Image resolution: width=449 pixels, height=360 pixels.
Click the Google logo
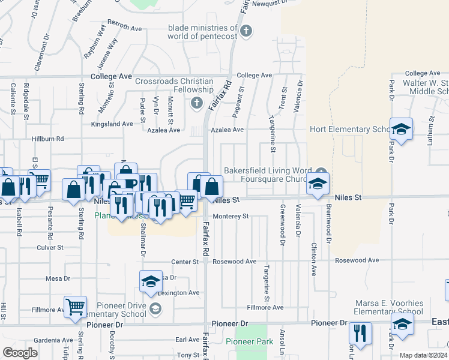pyautogui.click(x=20, y=353)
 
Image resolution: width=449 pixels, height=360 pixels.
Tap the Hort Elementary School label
pyautogui.click(x=350, y=129)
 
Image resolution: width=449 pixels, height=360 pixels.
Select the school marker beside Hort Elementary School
pyautogui.click(x=401, y=128)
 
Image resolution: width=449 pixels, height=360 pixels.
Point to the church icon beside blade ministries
pyautogui.click(x=246, y=31)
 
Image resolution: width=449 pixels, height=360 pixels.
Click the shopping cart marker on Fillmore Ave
pyautogui.click(x=76, y=307)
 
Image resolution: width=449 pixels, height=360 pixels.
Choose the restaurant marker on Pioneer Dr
pyautogui.click(x=360, y=333)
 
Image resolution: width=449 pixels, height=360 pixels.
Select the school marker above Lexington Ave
pyautogui.click(x=151, y=281)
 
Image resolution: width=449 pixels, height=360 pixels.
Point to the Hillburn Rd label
pyautogui.click(x=47, y=139)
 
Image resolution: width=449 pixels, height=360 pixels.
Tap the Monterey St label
pyautogui.click(x=231, y=216)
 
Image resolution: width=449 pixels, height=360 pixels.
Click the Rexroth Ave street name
pyautogui.click(x=124, y=28)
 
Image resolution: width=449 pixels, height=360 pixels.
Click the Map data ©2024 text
pyautogui.click(x=424, y=355)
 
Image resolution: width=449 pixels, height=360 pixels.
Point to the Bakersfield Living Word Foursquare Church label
pyautogui.click(x=270, y=174)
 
